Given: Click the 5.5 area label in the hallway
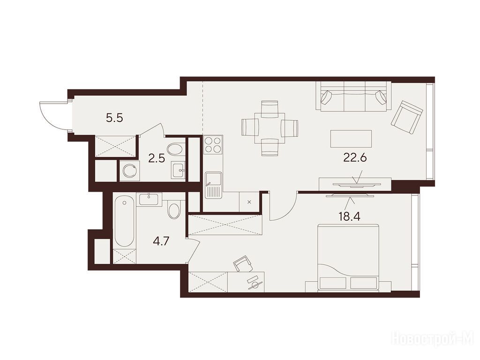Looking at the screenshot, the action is point(114,118).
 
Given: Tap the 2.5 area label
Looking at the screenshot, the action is point(157,158).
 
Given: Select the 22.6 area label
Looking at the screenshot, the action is point(355,158).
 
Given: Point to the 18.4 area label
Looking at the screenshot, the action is point(349,217).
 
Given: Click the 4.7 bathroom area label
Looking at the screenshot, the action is point(161,241).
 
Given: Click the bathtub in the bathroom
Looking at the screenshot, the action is point(124,221).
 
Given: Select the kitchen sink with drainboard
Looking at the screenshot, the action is point(214,185).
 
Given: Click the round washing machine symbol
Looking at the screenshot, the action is point(130,171).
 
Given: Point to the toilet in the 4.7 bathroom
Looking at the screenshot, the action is point(174,209).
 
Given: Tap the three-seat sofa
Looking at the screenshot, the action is point(353,96).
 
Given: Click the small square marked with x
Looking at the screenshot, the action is point(249,202).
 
